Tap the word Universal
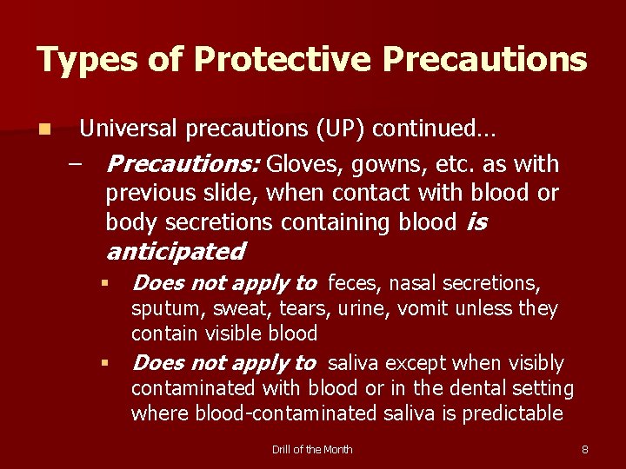pos(130,129)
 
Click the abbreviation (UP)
pos(343,129)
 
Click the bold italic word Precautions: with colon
pos(183,164)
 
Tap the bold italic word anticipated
pos(175,252)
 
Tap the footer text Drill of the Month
pos(312,449)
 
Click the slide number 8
pos(585,449)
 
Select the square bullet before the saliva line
pos(103,363)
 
